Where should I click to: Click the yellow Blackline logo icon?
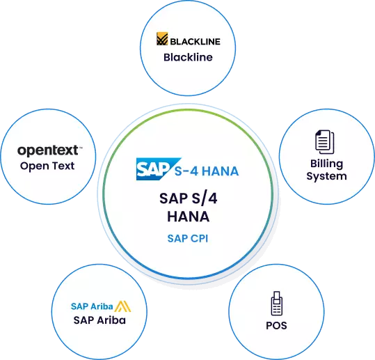[162, 39]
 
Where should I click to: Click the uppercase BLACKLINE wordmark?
[195, 42]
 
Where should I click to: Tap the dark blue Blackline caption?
[188, 57]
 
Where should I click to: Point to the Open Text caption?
[47, 166]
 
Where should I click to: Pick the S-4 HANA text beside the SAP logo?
[207, 171]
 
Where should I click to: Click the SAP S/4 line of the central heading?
[189, 198]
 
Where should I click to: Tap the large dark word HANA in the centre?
[189, 217]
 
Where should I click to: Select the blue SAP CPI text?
[188, 238]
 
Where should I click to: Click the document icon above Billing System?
[325, 142]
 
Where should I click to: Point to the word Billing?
[327, 164]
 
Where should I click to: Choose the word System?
[327, 176]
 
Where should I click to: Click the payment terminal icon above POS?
[277, 304]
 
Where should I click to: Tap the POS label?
[276, 326]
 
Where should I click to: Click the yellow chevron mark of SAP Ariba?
[122, 306]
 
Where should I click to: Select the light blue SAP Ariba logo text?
[92, 306]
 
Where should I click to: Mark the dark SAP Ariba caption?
[99, 320]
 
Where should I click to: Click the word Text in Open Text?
[63, 166]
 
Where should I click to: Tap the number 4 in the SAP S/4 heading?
[212, 198]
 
